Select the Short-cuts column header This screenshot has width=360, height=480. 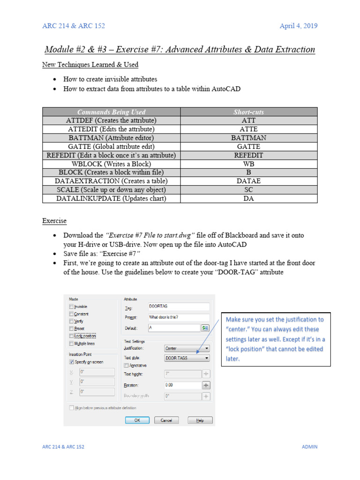248,112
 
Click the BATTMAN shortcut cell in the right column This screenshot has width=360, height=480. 248,138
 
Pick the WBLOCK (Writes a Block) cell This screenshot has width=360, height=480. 111,164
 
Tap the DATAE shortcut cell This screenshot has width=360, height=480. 248,181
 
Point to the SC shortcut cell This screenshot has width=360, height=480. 248,190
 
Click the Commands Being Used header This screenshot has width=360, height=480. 111,112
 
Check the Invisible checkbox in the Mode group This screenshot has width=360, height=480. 71,307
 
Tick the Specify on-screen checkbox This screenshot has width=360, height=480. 71,362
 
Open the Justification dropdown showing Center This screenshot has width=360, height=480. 187,349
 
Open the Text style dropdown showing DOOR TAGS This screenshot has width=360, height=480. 187,358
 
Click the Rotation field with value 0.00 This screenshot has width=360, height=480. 182,385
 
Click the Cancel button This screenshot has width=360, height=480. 166,420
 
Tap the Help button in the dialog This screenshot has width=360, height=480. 200,420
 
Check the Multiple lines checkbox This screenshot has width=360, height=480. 71,344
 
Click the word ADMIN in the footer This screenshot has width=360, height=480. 309,447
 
